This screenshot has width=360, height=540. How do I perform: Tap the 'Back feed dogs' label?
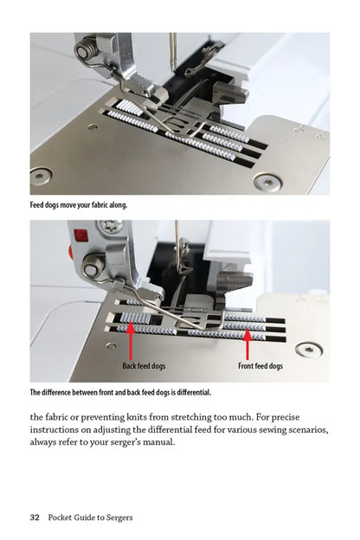point(144,366)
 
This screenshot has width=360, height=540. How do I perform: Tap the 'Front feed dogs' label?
point(260,366)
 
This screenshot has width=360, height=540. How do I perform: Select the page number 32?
point(35,517)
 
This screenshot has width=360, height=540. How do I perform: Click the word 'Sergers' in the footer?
point(117,517)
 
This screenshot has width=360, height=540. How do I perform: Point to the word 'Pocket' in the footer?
point(61,517)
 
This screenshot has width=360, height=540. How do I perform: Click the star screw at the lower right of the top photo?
point(266,181)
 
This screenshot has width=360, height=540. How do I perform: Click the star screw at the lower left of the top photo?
point(41,176)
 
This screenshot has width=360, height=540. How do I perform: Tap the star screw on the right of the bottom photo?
point(309,350)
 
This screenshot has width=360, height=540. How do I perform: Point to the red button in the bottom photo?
point(80,235)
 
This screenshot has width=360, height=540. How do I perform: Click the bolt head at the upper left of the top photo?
point(82,53)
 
